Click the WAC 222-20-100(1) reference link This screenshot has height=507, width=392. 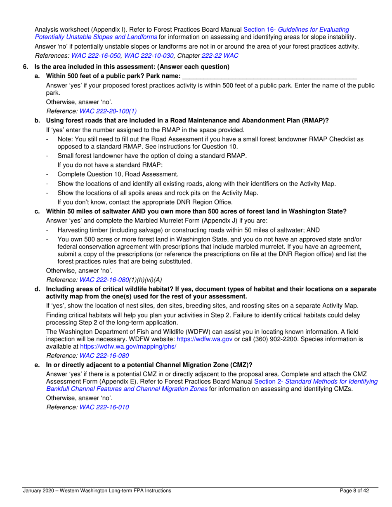[x=108, y=111]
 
